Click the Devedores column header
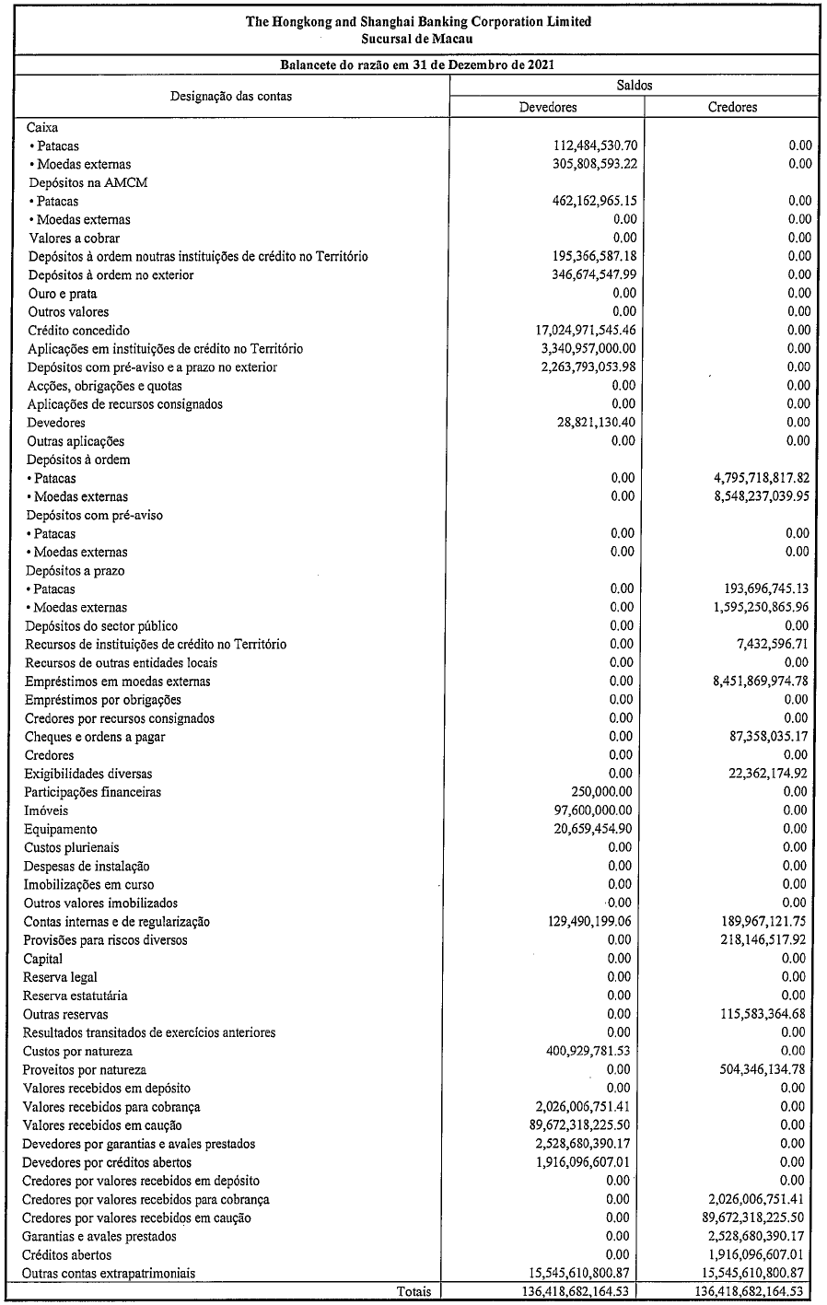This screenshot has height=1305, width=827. point(548,107)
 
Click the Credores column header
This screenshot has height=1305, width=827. point(732,107)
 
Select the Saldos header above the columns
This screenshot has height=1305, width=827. point(634,85)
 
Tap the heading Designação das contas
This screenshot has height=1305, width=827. point(230,96)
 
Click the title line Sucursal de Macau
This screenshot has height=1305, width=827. point(419,38)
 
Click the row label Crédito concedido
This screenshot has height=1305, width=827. point(78,331)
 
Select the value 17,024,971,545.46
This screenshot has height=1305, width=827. point(572,331)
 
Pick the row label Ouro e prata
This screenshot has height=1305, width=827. point(63,294)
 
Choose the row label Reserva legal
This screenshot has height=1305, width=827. point(61,977)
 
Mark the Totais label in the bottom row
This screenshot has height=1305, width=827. point(413,1292)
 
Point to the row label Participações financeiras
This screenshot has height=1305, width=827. point(92,792)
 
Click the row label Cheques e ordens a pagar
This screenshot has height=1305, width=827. point(95,737)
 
